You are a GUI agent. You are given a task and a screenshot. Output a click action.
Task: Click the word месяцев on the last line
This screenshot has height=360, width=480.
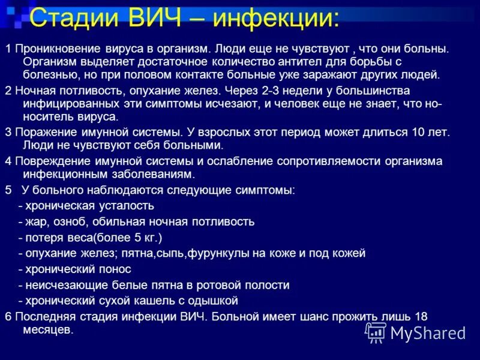point(47,330)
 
